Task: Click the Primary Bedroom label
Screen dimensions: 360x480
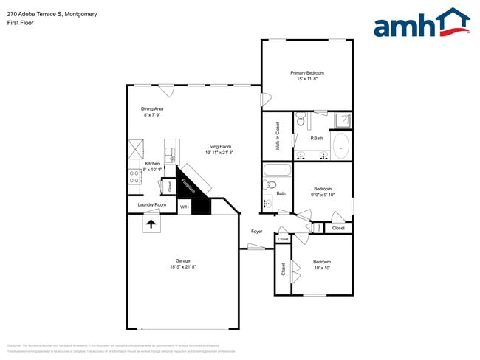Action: click(x=306, y=73)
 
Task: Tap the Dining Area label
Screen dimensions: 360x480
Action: click(x=152, y=109)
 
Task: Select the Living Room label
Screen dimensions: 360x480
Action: click(x=219, y=146)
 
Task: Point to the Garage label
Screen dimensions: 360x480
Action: click(x=182, y=260)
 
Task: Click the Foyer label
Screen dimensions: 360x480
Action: click(x=256, y=232)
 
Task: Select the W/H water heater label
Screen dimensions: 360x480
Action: click(x=184, y=207)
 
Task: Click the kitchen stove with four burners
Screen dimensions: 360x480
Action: click(x=134, y=177)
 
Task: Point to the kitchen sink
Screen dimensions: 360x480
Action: click(x=170, y=154)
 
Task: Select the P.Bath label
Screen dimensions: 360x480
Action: click(x=316, y=139)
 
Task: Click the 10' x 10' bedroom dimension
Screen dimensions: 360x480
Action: click(x=321, y=268)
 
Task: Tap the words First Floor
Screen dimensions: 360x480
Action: click(x=20, y=22)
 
